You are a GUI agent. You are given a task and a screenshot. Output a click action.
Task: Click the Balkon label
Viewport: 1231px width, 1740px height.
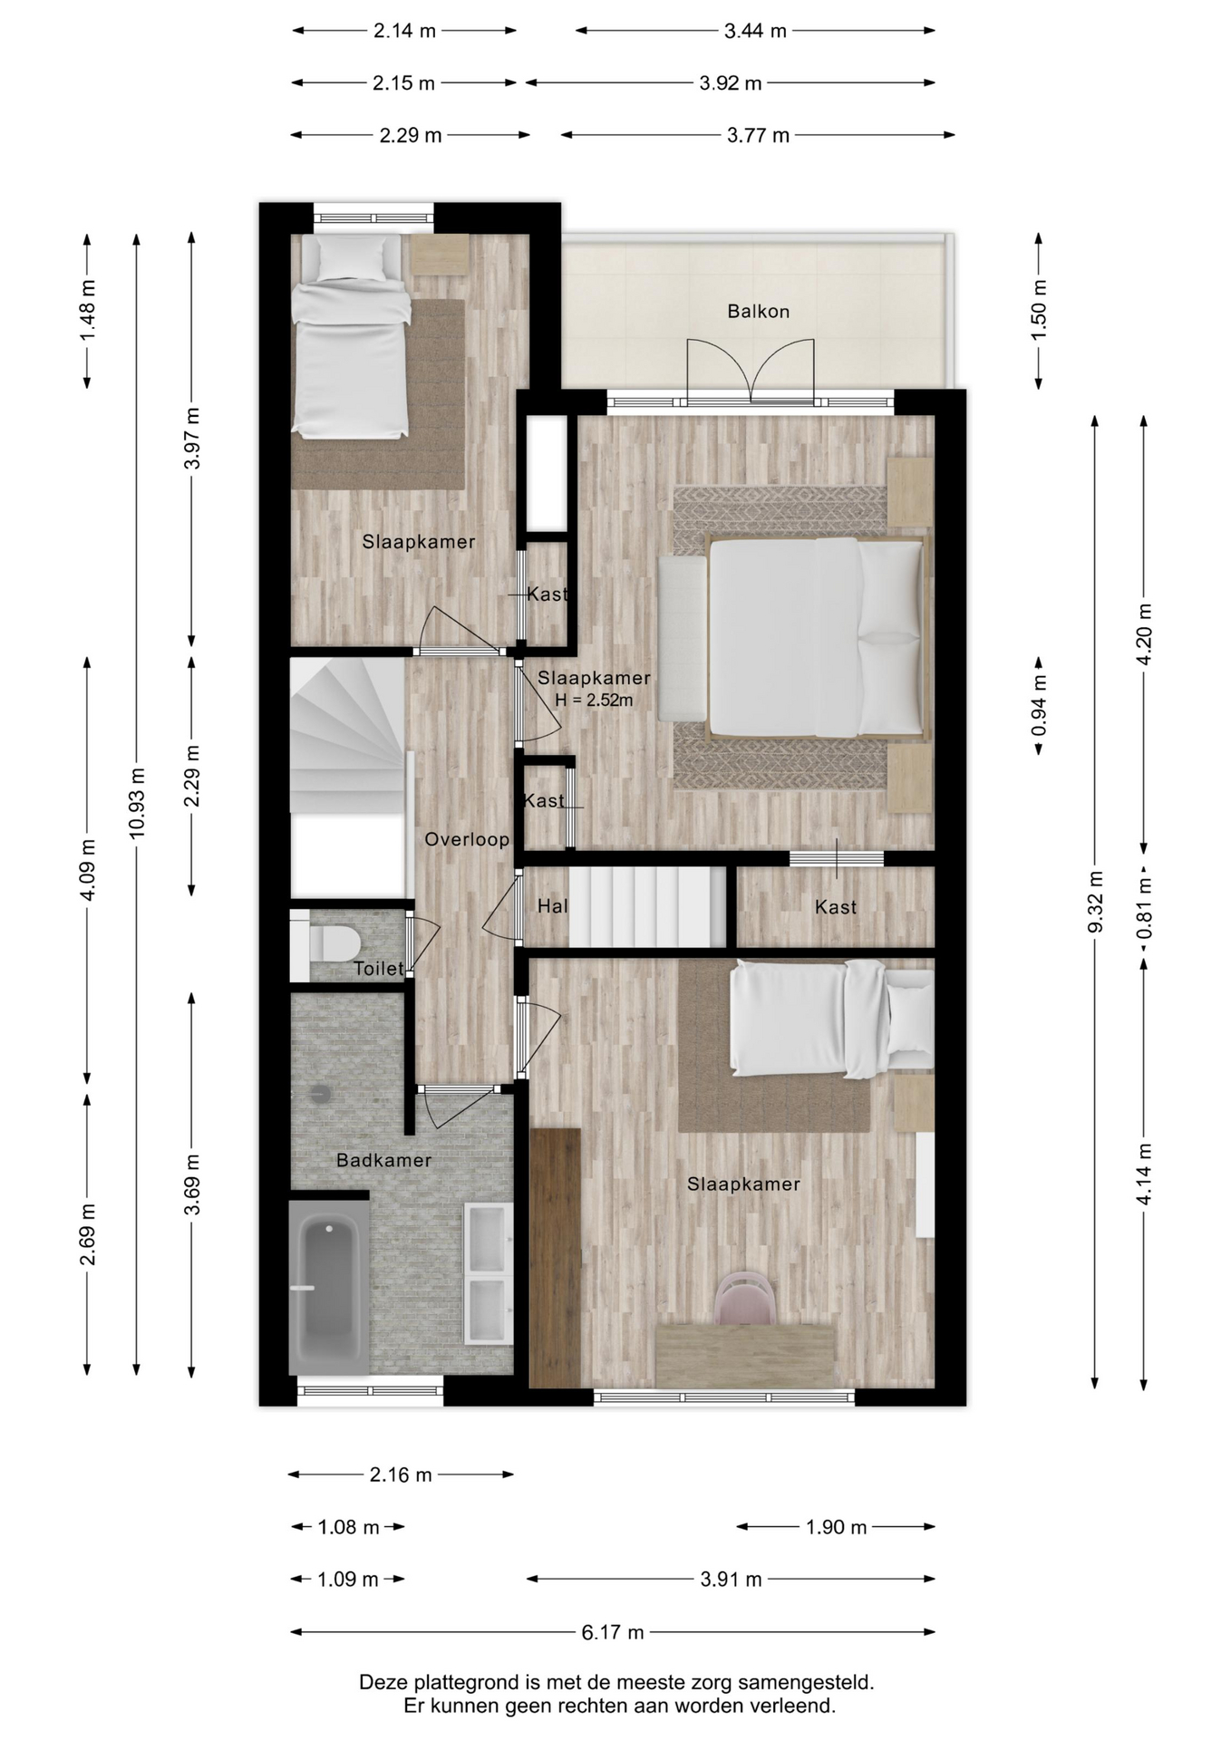tap(758, 312)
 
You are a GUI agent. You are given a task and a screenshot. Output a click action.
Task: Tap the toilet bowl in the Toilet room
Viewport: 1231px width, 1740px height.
tap(331, 942)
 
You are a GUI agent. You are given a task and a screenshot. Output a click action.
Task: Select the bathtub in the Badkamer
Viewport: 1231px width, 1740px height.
tap(328, 1288)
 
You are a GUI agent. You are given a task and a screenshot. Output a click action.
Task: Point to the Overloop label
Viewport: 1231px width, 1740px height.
tap(467, 840)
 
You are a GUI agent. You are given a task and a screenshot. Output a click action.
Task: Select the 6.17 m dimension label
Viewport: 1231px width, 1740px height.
tap(613, 1632)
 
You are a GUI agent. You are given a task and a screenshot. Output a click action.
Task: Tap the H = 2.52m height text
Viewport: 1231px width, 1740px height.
tap(594, 700)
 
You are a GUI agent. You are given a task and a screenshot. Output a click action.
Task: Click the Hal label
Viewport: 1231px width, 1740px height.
tap(552, 906)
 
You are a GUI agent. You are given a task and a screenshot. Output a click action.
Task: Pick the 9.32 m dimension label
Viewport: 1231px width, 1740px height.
tap(1095, 901)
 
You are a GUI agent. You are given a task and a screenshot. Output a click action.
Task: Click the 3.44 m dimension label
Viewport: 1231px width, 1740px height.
tap(755, 31)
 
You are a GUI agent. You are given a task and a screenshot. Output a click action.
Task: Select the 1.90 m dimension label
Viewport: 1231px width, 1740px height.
tap(836, 1527)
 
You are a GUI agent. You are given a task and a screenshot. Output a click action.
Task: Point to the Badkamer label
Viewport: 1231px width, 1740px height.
tap(383, 1160)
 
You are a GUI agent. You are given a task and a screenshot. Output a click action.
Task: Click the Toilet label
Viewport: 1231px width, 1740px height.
tap(379, 969)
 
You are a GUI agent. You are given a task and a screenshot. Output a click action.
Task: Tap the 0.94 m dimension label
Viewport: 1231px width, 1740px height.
tap(1039, 706)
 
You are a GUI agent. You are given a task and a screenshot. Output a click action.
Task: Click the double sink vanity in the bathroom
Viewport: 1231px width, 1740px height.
tap(489, 1273)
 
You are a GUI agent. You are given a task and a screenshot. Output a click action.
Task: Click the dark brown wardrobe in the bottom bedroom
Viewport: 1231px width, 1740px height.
tap(555, 1257)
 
